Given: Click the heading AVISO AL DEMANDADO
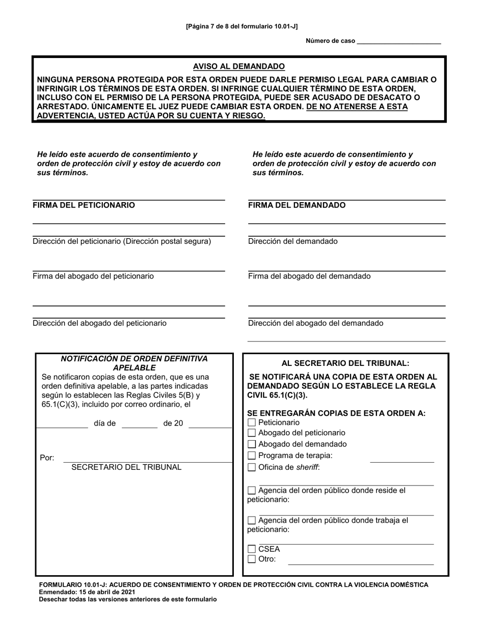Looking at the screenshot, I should pyautogui.click(x=238, y=67).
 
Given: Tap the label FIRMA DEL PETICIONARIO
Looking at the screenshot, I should pyautogui.click(x=84, y=205).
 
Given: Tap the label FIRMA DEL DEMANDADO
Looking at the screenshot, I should pyautogui.click(x=297, y=205).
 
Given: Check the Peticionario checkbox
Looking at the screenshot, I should pyautogui.click(x=251, y=423).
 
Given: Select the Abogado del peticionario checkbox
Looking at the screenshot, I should pyautogui.click(x=251, y=433).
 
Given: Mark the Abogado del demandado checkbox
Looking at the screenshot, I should pyautogui.click(x=251, y=444).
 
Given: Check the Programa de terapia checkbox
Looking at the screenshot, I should pyautogui.click(x=251, y=456).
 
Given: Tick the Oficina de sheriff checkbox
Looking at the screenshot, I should pyautogui.click(x=251, y=467).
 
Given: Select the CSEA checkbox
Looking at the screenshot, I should pyautogui.click(x=251, y=549).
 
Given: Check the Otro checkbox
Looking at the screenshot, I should pyautogui.click(x=251, y=559).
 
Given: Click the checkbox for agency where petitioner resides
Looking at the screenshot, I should pyautogui.click(x=251, y=491).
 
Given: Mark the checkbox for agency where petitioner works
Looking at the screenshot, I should pyautogui.click(x=251, y=521).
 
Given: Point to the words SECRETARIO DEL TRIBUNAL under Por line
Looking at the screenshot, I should pyautogui.click(x=126, y=467).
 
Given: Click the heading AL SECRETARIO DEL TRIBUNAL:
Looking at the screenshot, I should pyautogui.click(x=345, y=363).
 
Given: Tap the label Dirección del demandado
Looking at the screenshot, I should pyautogui.click(x=292, y=241).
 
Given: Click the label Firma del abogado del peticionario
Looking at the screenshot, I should pyautogui.click(x=93, y=276).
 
